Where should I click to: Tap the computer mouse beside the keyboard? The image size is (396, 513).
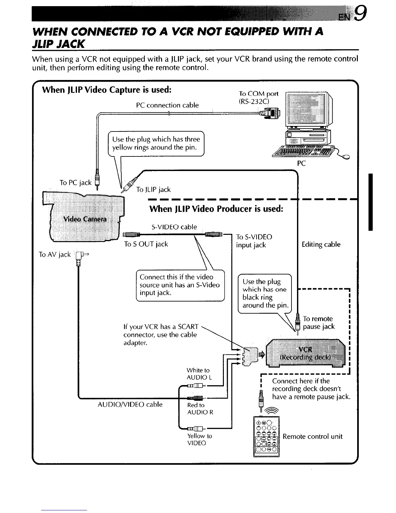346,157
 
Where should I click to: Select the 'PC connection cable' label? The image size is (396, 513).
167,105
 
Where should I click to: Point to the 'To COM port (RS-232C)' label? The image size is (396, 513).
258,97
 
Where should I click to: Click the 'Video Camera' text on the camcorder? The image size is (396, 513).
85,219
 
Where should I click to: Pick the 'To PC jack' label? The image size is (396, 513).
76,183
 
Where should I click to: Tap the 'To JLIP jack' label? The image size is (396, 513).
153,189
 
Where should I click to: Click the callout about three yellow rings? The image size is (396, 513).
156,143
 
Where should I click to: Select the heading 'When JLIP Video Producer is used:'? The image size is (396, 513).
216,209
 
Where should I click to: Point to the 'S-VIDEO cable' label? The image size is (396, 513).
174,227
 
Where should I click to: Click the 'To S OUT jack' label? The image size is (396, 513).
146,244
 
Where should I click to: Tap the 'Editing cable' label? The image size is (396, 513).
321,245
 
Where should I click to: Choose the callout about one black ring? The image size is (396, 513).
264,293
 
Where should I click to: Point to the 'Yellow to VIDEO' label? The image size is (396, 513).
199,439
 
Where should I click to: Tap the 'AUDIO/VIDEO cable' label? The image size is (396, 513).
130,405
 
